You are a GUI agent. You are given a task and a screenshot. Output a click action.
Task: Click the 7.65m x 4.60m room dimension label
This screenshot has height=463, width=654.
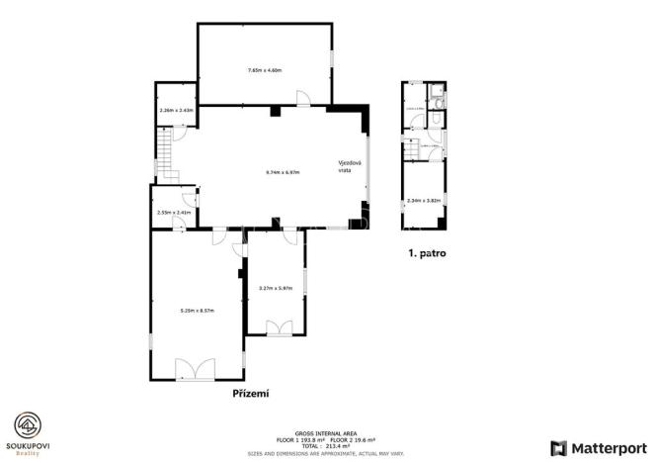pyautogui.click(x=264, y=70)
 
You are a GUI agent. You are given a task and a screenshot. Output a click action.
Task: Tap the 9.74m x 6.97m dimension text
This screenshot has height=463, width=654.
pyautogui.click(x=283, y=172)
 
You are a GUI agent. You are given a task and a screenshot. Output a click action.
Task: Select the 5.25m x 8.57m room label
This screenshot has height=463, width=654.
pyautogui.click(x=198, y=311)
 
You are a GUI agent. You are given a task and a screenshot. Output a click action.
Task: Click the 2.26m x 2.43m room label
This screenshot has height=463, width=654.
pyautogui.click(x=176, y=110)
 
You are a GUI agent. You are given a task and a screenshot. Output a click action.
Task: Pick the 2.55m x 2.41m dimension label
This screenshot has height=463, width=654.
pyautogui.click(x=173, y=212)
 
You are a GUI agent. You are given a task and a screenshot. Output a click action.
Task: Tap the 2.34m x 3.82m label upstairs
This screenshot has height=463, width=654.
pyautogui.click(x=422, y=201)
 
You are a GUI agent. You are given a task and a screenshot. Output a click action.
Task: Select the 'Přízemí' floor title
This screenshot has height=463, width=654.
pyautogui.click(x=251, y=393)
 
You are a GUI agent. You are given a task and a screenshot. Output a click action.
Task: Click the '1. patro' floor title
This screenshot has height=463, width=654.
pyautogui.click(x=427, y=253)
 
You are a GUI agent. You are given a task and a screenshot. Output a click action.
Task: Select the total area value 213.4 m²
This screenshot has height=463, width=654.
pyautogui.click(x=327, y=446)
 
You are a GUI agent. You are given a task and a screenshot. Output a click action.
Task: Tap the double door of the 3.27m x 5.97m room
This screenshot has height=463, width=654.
pyautogui.click(x=280, y=327)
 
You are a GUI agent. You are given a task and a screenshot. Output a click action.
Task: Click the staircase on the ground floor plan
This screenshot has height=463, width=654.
pyautogui.click(x=165, y=157)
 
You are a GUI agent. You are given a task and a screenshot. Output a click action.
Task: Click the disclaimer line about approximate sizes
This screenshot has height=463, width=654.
pyautogui.click(x=326, y=452)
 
